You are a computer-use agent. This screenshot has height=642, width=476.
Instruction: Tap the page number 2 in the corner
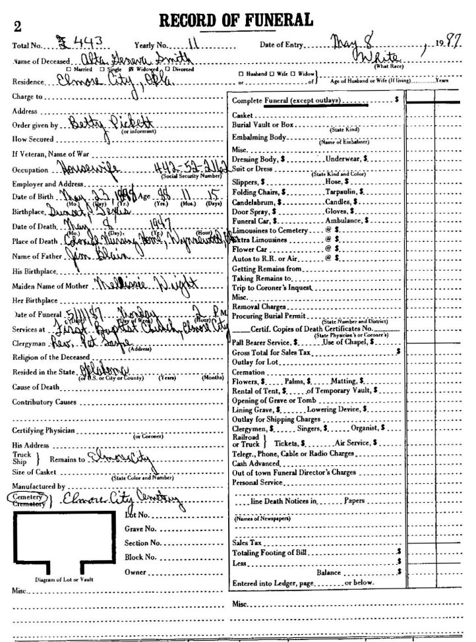(x=16, y=26)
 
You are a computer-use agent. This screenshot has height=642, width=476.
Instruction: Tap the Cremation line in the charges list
(x=249, y=371)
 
